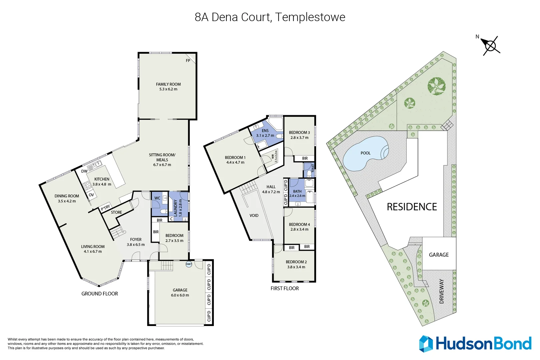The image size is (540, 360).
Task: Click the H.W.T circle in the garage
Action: pyautogui.click(x=189, y=264)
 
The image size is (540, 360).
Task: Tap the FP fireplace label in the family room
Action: pyautogui.click(x=188, y=61)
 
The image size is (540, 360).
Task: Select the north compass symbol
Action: pyautogui.click(x=489, y=45)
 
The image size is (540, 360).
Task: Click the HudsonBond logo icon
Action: pyautogui.click(x=426, y=344)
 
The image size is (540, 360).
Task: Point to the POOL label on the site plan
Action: pyautogui.click(x=366, y=153)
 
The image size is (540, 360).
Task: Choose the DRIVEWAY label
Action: pyautogui.click(x=442, y=291)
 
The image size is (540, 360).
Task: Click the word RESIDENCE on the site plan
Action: pyautogui.click(x=412, y=207)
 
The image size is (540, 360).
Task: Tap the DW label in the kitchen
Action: pyautogui.click(x=84, y=171)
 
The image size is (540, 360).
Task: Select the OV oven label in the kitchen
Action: pyautogui.click(x=91, y=195)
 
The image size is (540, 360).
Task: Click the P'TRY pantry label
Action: pyautogui.click(x=105, y=207)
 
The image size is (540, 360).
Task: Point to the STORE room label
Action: pyautogui.click(x=116, y=212)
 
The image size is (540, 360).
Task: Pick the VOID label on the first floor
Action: pyautogui.click(x=254, y=215)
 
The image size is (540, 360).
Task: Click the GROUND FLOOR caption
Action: pyautogui.click(x=100, y=293)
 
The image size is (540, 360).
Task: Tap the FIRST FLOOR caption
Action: pyautogui.click(x=285, y=288)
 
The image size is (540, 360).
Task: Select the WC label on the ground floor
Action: pyautogui.click(x=157, y=198)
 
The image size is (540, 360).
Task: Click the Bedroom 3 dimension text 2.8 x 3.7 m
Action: pyautogui.click(x=300, y=138)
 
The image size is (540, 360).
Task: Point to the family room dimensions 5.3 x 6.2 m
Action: pyautogui.click(x=168, y=89)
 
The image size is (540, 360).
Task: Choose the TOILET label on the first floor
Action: pyautogui.click(x=313, y=168)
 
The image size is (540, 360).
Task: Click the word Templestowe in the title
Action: pyautogui.click(x=310, y=17)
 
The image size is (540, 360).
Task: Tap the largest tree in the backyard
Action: pyautogui.click(x=436, y=86)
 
